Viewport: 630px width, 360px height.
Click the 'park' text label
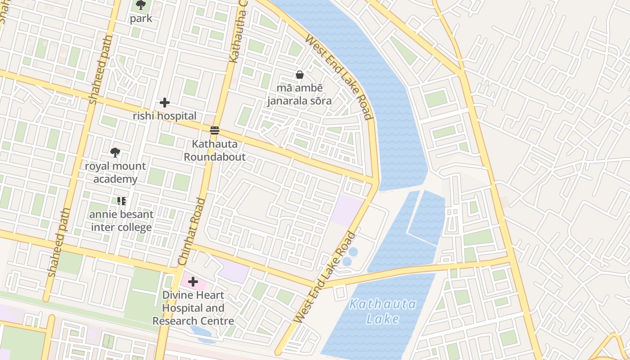pyautogui.click(x=141, y=18)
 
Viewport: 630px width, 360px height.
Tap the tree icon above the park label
pyautogui.click(x=141, y=5)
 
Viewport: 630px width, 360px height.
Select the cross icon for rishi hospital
pyautogui.click(x=165, y=103)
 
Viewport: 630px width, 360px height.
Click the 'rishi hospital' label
pyautogui.click(x=165, y=116)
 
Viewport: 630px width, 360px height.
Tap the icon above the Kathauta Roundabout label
pyautogui.click(x=215, y=131)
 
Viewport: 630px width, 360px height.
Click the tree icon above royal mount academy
pyautogui.click(x=115, y=153)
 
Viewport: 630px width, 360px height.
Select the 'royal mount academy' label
pyautogui.click(x=115, y=173)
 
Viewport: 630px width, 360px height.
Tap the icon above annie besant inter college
pyautogui.click(x=121, y=201)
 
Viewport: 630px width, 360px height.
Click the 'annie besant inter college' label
pyautogui.click(x=121, y=221)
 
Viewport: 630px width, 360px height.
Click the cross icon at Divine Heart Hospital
pyautogui.click(x=193, y=282)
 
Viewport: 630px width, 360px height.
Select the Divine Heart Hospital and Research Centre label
pyautogui.click(x=193, y=308)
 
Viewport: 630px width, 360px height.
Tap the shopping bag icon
pyautogui.click(x=299, y=75)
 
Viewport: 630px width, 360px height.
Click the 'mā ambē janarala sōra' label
pyautogui.click(x=299, y=94)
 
